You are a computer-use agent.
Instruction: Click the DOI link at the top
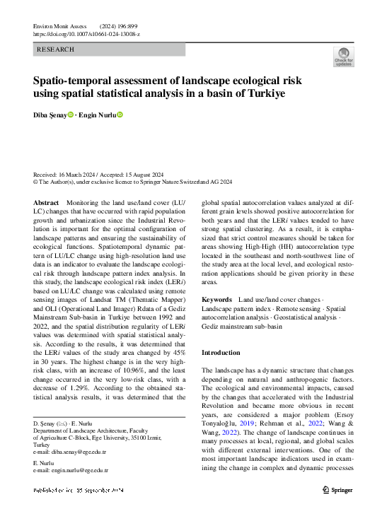tap(87, 33)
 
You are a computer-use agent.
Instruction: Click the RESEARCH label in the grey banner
tap(54, 49)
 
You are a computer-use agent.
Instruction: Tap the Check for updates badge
tap(343, 57)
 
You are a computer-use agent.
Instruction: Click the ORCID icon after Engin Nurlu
tap(120, 115)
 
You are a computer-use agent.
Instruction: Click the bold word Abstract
tap(47, 203)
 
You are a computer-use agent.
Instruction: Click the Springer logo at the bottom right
tap(338, 489)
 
